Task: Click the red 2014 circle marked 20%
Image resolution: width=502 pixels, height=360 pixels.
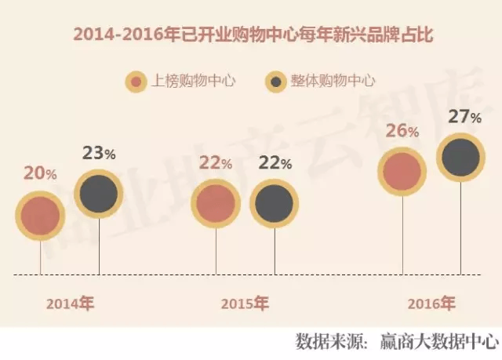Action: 41,215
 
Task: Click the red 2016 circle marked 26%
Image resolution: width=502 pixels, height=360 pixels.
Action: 402,172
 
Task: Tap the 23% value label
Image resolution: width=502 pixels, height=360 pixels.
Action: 99,153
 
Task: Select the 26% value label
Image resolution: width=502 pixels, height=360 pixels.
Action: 401,131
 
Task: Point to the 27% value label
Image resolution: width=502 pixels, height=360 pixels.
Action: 464,118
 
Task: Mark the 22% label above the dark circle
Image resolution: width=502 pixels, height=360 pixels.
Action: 275,164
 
